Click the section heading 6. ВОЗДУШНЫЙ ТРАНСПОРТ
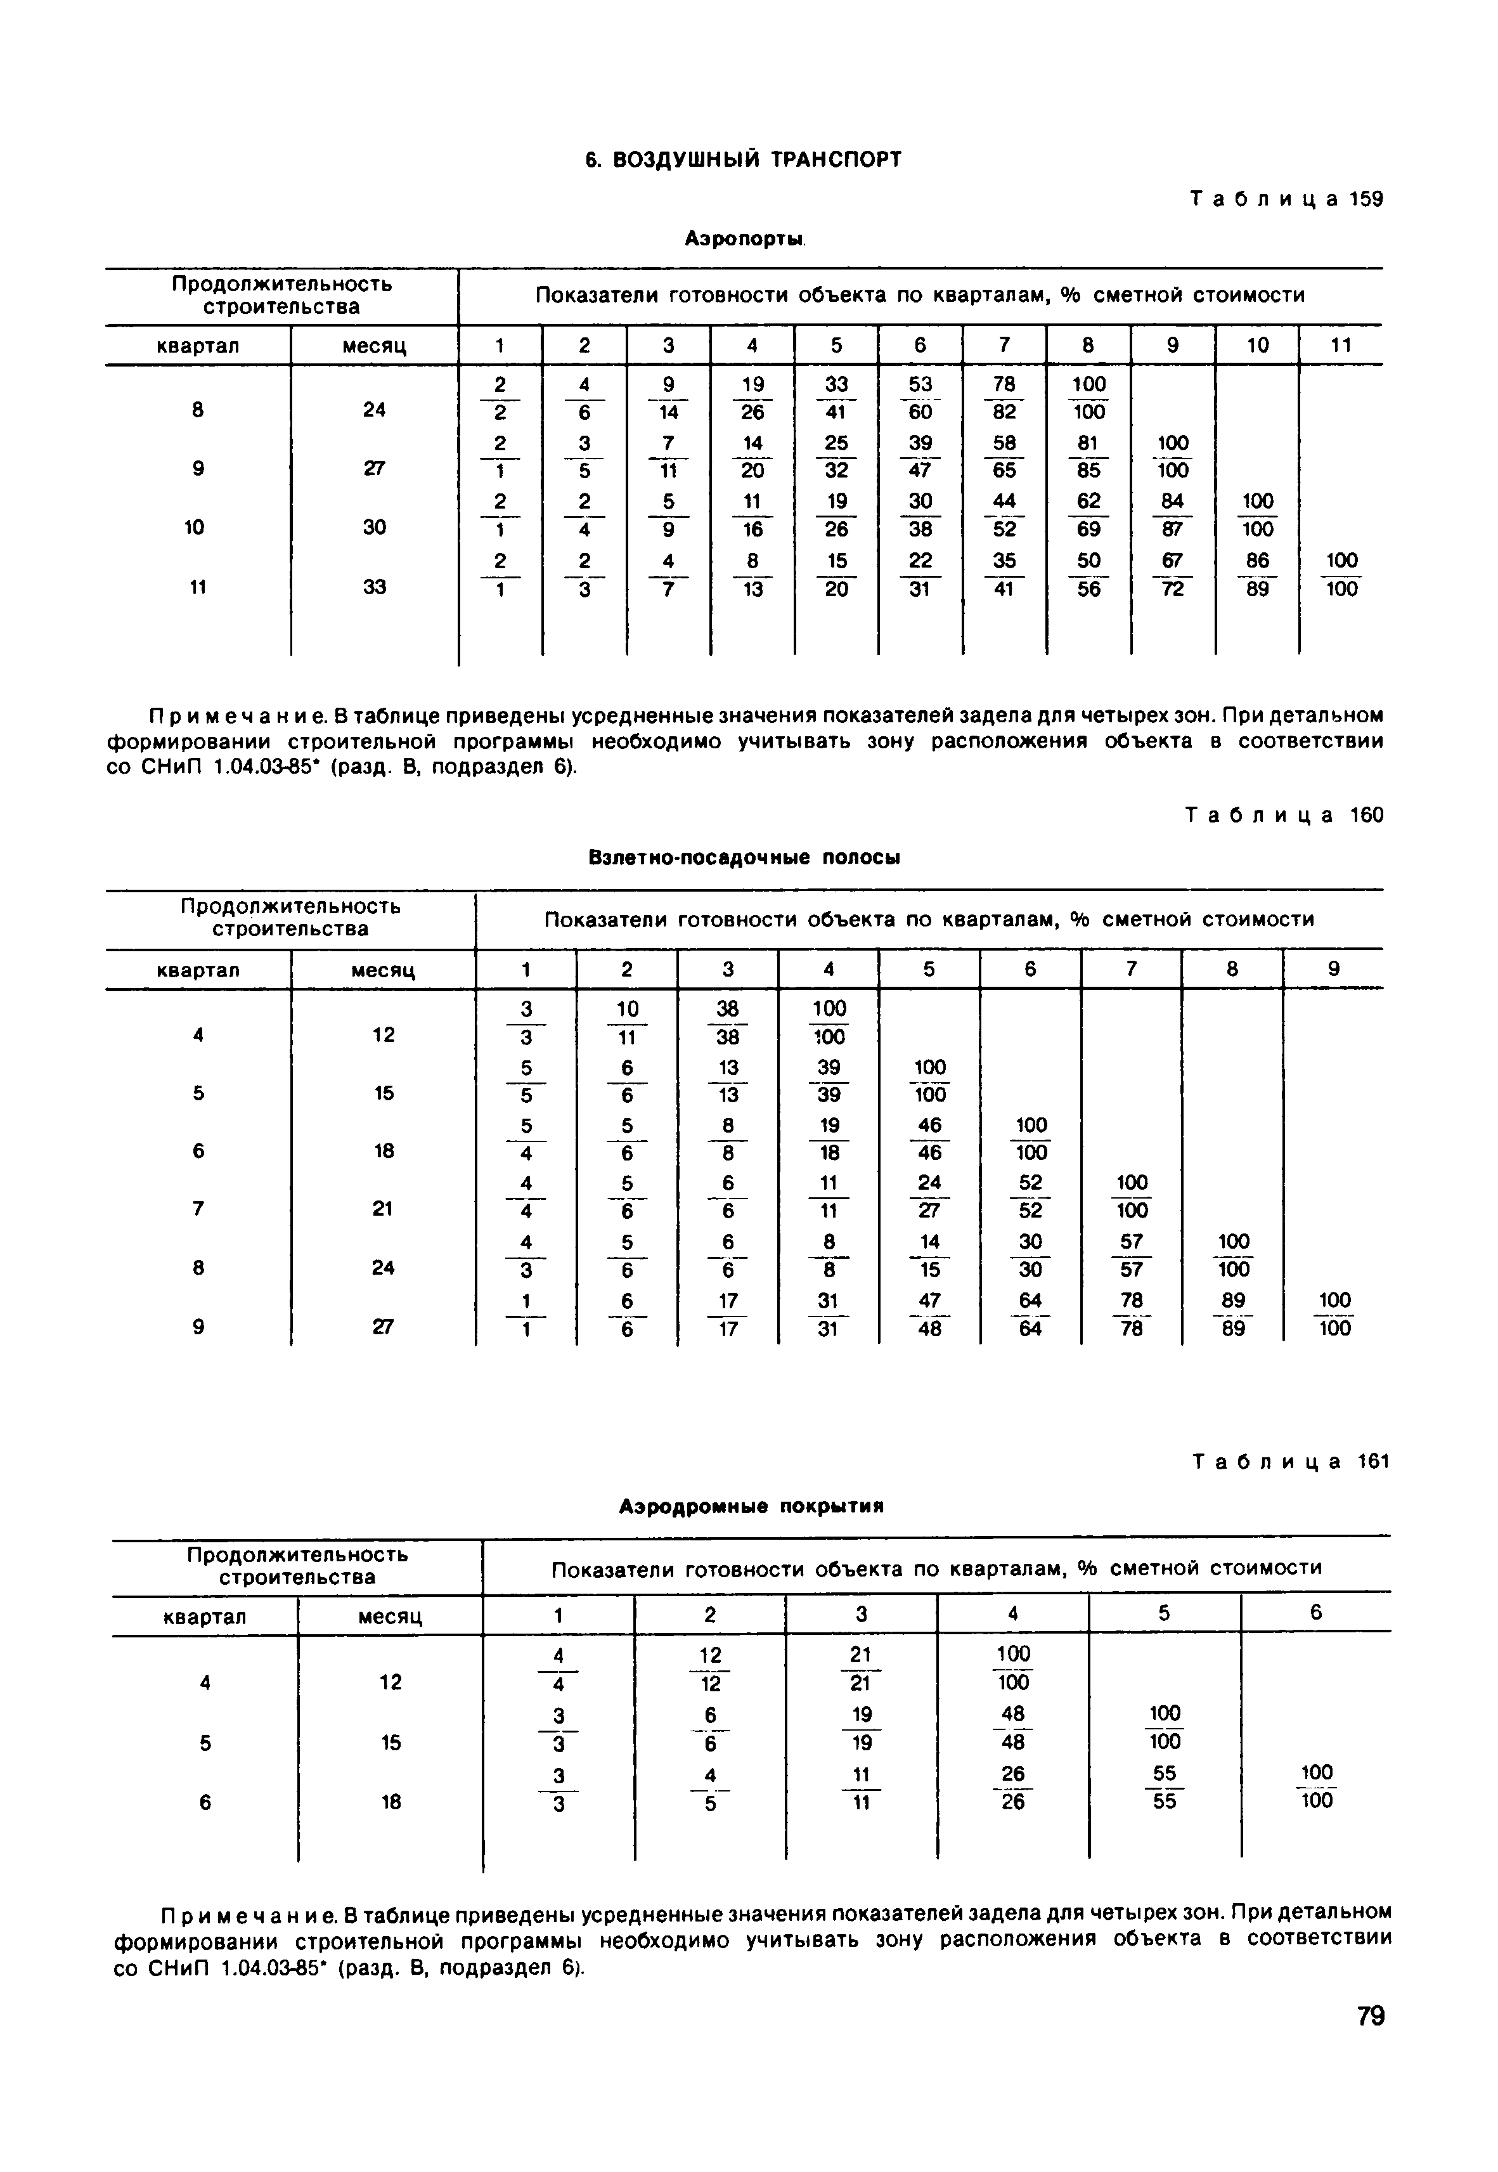[742, 160]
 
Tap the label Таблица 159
[1286, 200]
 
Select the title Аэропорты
[746, 240]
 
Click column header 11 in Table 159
[1340, 346]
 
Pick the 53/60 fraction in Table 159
[920, 398]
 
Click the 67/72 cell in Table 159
[1172, 575]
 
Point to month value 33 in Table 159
[373, 587]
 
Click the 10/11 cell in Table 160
[627, 1022]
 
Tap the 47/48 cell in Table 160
[929, 1314]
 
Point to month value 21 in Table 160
[382, 1209]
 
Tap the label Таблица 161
[1289, 1462]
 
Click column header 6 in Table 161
[1316, 1613]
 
